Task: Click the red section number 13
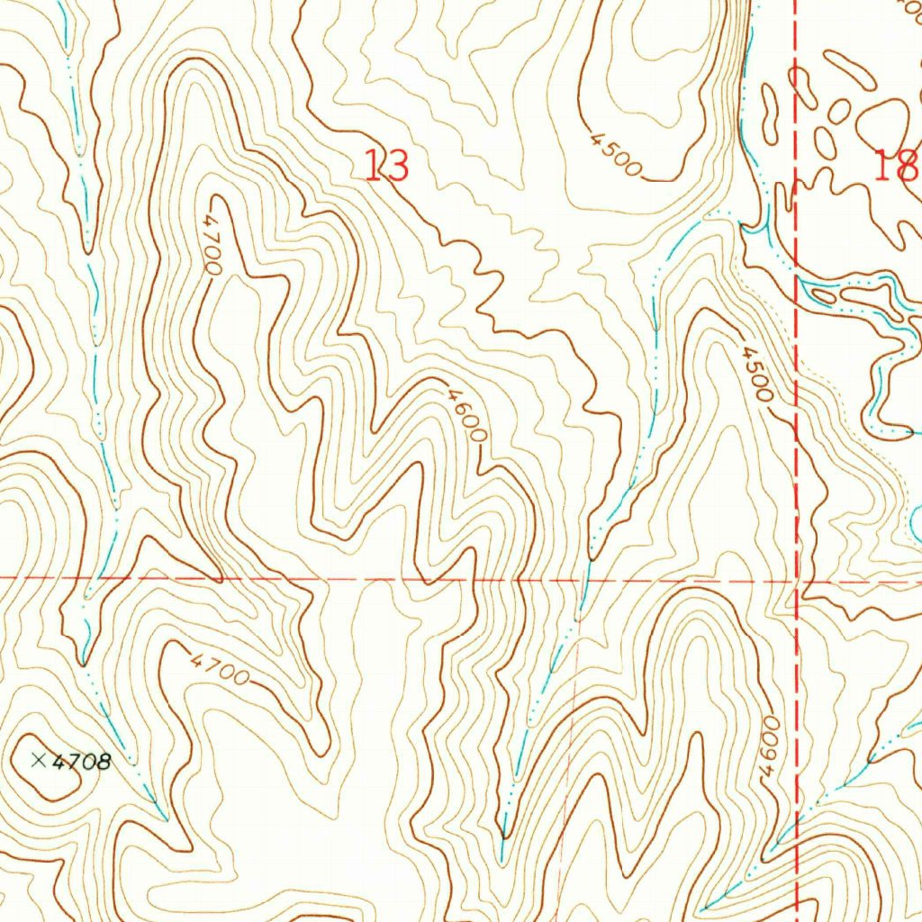(387, 166)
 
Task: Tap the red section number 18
(896, 166)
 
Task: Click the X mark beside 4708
(39, 761)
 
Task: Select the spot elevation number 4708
(82, 763)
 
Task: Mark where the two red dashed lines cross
(798, 581)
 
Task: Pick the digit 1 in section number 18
(882, 166)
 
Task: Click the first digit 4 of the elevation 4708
(60, 762)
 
